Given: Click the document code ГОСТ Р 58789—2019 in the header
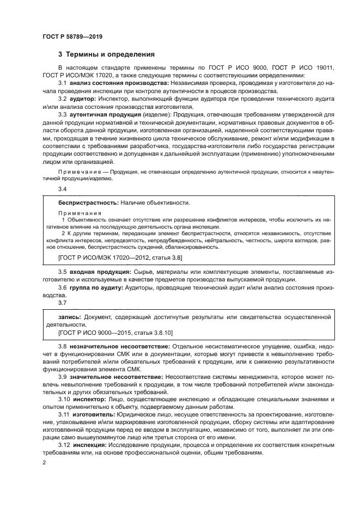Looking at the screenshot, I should pos(72,36).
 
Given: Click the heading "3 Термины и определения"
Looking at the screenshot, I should pos(106,54).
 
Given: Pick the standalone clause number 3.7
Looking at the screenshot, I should pos(62,303).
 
